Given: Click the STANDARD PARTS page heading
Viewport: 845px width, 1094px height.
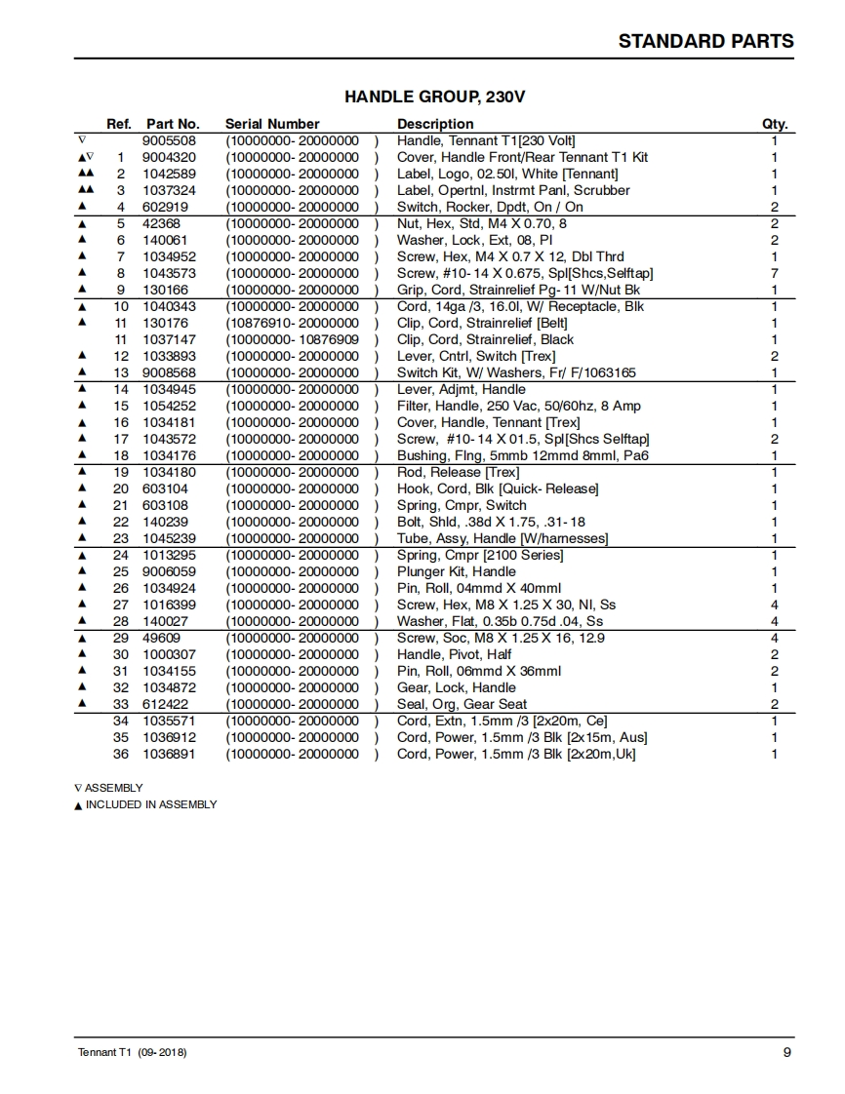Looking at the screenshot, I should click(705, 41).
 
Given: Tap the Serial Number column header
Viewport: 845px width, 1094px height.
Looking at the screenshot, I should click(272, 124).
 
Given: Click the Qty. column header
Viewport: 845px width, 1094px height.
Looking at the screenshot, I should click(774, 124).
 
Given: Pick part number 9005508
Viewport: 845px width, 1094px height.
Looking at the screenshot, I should click(169, 140).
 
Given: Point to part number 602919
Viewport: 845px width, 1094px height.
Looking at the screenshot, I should click(165, 207).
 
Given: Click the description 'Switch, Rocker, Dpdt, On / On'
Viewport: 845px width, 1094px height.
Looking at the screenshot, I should click(490, 207).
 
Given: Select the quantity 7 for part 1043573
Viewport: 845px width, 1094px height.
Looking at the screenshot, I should click(774, 273).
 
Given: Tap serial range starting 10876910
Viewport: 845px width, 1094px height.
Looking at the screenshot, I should click(293, 323).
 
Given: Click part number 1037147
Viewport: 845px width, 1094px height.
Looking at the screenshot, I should click(169, 339).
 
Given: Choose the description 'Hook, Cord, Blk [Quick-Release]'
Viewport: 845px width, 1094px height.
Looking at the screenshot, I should click(498, 488).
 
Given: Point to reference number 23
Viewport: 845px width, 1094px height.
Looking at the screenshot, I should click(121, 538).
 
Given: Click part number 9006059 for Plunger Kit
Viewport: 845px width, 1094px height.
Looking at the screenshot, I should click(169, 571).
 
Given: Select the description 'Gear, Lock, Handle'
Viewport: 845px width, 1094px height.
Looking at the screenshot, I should click(456, 687).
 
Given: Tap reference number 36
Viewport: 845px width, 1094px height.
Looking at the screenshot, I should click(121, 754).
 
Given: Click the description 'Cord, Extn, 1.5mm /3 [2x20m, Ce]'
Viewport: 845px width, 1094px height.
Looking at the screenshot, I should click(502, 721).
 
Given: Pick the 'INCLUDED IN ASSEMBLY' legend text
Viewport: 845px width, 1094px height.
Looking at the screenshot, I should click(151, 804).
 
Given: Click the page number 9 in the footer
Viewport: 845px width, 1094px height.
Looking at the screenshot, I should click(786, 1052).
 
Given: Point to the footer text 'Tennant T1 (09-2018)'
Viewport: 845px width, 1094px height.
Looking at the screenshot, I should click(132, 1053).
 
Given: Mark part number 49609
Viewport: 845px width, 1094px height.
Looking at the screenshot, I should click(161, 638).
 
